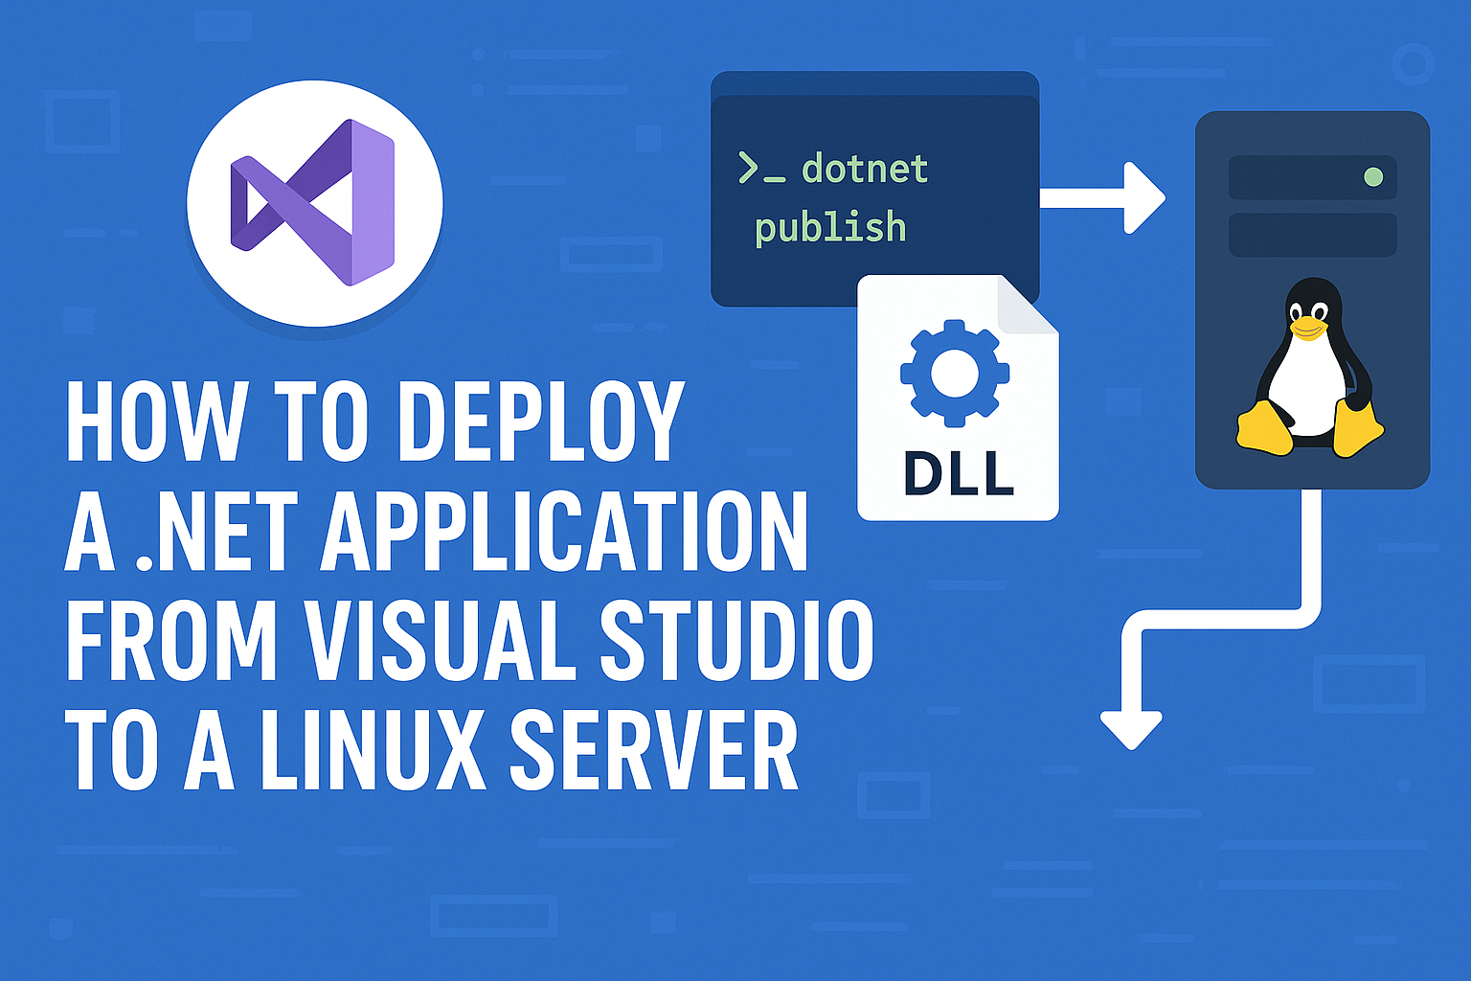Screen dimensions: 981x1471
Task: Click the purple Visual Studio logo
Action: [314, 202]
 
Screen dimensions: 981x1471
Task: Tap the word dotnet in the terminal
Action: [865, 170]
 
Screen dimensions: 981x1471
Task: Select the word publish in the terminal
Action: [829, 228]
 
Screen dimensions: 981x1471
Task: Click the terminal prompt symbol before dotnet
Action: [760, 169]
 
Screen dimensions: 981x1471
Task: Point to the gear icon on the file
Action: [954, 373]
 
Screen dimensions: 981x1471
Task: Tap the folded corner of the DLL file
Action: [1027, 306]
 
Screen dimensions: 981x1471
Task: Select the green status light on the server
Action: [1373, 177]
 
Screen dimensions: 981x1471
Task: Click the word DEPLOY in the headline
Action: [540, 422]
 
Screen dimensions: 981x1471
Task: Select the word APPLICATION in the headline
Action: [564, 533]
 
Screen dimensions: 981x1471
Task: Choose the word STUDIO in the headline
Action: [736, 641]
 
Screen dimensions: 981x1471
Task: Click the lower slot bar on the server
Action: [1312, 235]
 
